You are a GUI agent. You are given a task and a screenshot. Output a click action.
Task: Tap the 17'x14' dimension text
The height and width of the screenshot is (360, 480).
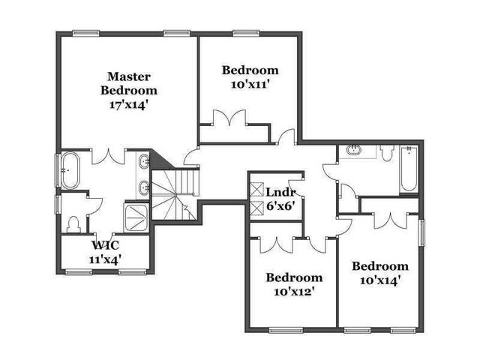[x=129, y=106]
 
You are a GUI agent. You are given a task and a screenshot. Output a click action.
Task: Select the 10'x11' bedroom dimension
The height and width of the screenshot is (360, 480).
[x=250, y=85]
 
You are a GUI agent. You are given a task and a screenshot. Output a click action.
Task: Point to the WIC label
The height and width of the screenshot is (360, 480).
[x=106, y=245]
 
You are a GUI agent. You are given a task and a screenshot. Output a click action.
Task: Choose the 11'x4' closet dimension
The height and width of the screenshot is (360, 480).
[x=106, y=259]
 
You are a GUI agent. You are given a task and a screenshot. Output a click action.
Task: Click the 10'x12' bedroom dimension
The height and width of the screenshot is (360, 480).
[x=295, y=292]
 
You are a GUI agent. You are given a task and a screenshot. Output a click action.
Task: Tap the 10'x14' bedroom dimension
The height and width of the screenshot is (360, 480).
[x=380, y=280]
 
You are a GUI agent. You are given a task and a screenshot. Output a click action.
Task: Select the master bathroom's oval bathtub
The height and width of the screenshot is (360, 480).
[x=70, y=169]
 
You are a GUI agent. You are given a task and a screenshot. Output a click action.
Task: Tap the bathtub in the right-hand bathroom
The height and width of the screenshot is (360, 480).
[x=408, y=169]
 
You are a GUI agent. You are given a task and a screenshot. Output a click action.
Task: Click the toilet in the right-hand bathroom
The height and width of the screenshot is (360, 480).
[x=386, y=154]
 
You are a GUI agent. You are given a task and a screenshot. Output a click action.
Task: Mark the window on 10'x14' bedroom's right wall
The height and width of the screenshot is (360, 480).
[x=421, y=232]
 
